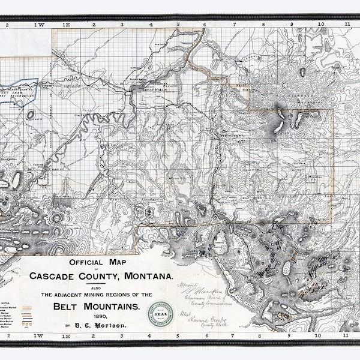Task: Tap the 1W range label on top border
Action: [x=40, y=25]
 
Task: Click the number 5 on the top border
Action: [x=178, y=25]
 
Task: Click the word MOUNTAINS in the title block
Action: [x=112, y=305]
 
